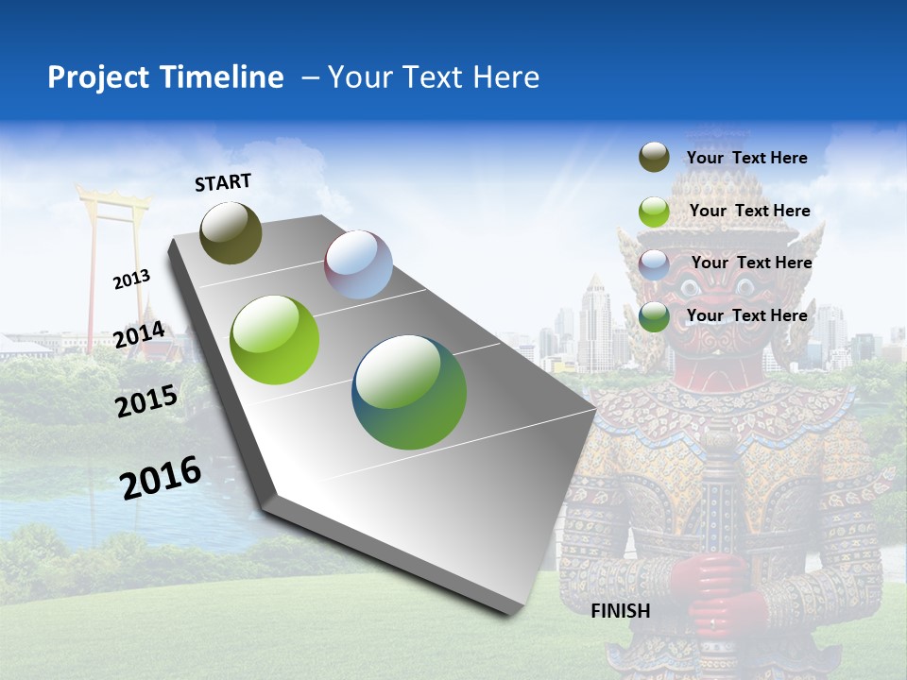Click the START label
[x=223, y=182]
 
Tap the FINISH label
[x=621, y=611]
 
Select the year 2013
[x=131, y=280]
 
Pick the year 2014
[x=139, y=335]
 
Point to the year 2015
[x=146, y=401]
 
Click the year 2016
[x=161, y=478]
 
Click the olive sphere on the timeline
[x=231, y=232]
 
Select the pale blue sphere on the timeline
[x=358, y=264]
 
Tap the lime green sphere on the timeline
[x=275, y=340]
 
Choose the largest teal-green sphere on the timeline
[x=409, y=392]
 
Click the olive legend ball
[x=654, y=158]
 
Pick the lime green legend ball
[x=654, y=212]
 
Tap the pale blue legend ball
[x=654, y=264]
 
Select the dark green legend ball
[x=654, y=316]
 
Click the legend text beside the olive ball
[x=746, y=158]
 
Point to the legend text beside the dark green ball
[x=746, y=315]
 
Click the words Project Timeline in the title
[x=165, y=77]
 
